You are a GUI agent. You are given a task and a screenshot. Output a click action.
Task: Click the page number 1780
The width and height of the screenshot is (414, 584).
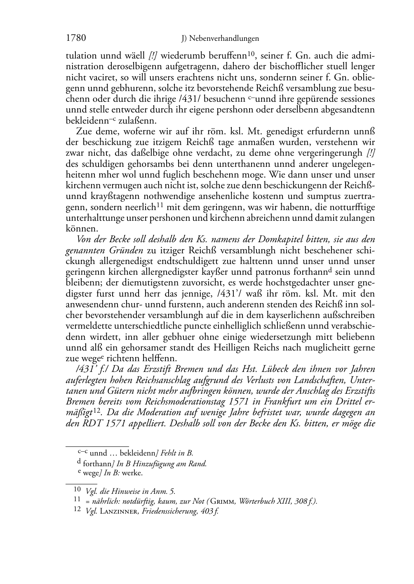tap(76, 38)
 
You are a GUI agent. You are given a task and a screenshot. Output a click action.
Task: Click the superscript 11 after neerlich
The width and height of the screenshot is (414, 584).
tap(160, 205)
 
